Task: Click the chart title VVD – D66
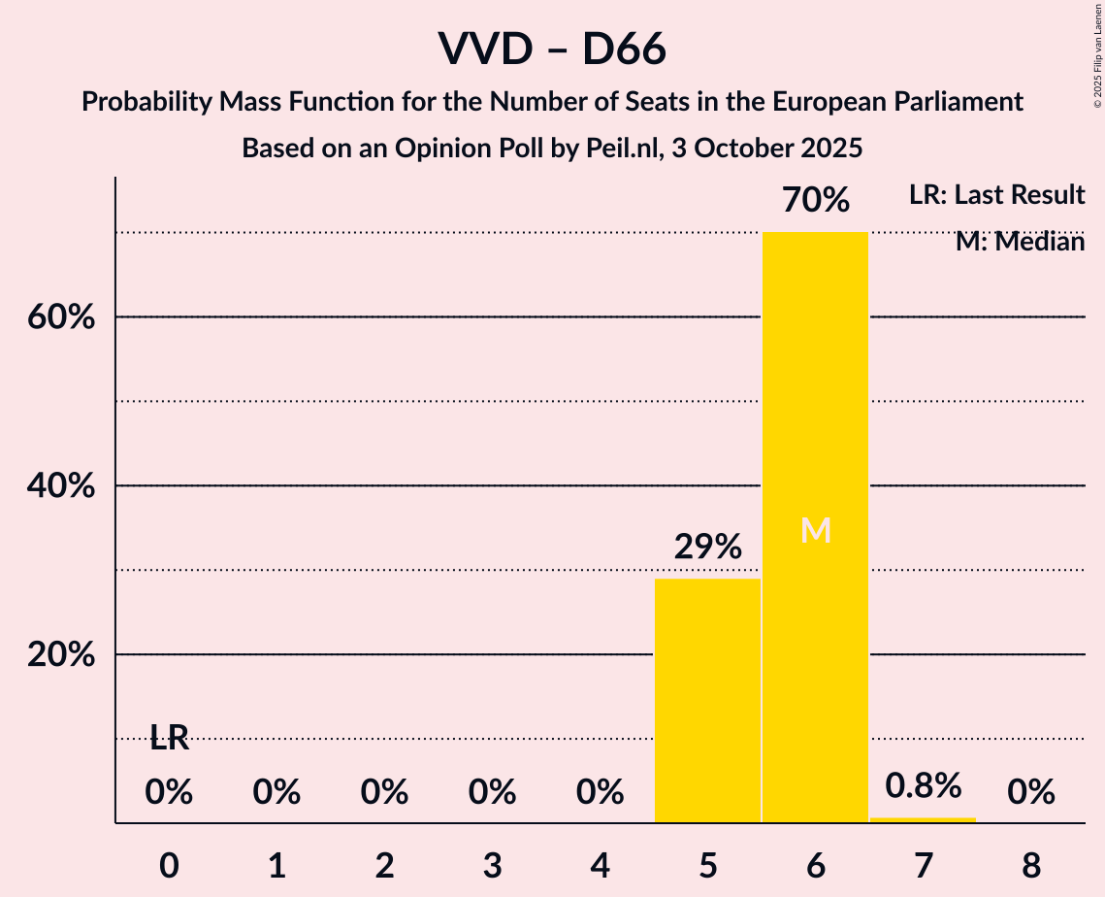[x=552, y=49]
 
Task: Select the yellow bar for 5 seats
[x=707, y=700]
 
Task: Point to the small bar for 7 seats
[x=923, y=820]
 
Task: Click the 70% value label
[x=816, y=201]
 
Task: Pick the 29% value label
[x=707, y=548]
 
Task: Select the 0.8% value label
[x=923, y=785]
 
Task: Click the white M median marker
[x=816, y=530]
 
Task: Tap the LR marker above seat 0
[x=169, y=738]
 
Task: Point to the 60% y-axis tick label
[x=60, y=317]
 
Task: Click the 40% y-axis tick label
[x=60, y=486]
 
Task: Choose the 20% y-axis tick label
[x=60, y=655]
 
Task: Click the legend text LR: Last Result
[x=996, y=195]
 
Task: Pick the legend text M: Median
[x=1019, y=242]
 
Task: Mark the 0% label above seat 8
[x=1030, y=793]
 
